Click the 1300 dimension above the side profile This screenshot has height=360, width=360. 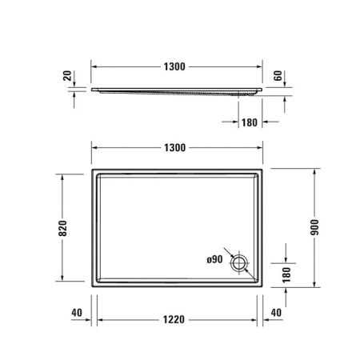pos(177,66)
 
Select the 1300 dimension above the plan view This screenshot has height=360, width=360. pos(177,148)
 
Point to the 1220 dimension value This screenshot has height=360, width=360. pos(177,320)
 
